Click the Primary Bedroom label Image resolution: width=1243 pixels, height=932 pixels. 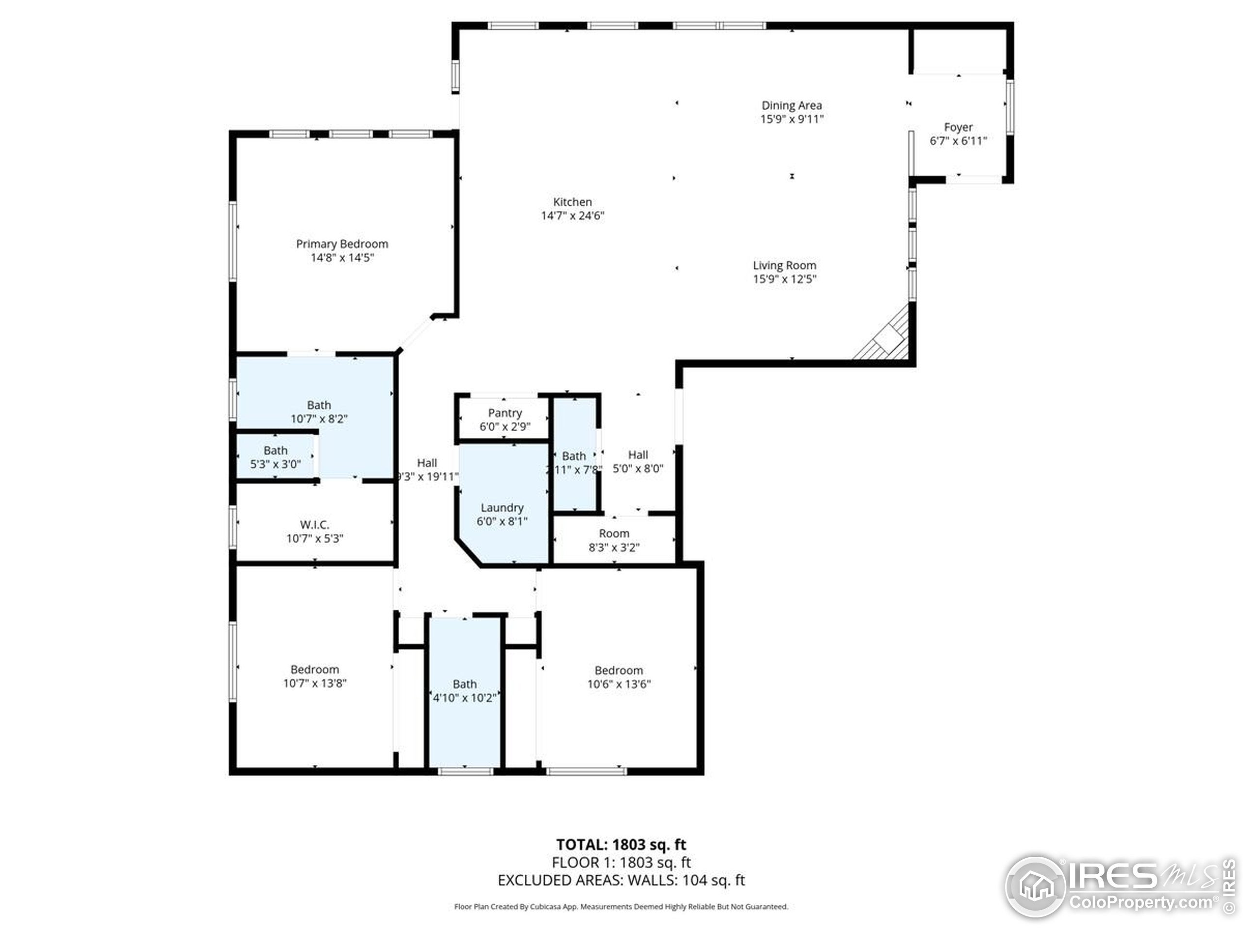point(342,244)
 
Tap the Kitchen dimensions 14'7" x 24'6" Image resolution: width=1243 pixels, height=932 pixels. point(572,216)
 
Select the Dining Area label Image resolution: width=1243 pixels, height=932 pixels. point(791,105)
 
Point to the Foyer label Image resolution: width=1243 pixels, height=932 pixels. point(958,128)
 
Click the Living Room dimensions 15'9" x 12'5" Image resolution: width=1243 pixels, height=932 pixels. point(785,279)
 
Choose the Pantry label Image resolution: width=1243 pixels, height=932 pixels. point(504,413)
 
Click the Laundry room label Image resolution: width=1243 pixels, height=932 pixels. point(502,508)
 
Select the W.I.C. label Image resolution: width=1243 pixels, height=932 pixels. point(315,525)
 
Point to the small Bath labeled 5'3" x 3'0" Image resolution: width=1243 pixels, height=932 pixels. point(275,457)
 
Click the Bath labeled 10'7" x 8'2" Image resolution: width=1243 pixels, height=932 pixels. point(319,411)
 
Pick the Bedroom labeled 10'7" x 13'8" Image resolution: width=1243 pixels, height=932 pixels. point(315,676)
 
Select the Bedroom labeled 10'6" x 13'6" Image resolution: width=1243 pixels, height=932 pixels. point(619,677)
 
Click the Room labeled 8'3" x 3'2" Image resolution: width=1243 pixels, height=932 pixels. point(614,540)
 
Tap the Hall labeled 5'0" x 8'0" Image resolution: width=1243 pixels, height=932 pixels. point(638,462)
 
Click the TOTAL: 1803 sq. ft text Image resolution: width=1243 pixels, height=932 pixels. point(621,844)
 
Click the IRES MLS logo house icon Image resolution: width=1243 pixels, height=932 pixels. point(1035,887)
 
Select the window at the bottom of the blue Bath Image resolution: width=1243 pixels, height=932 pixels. point(465,771)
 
